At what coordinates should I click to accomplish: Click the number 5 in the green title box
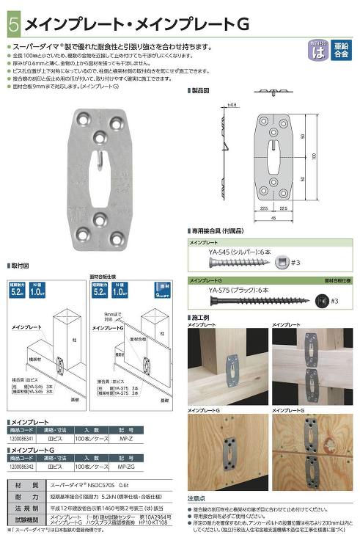(13, 24)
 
